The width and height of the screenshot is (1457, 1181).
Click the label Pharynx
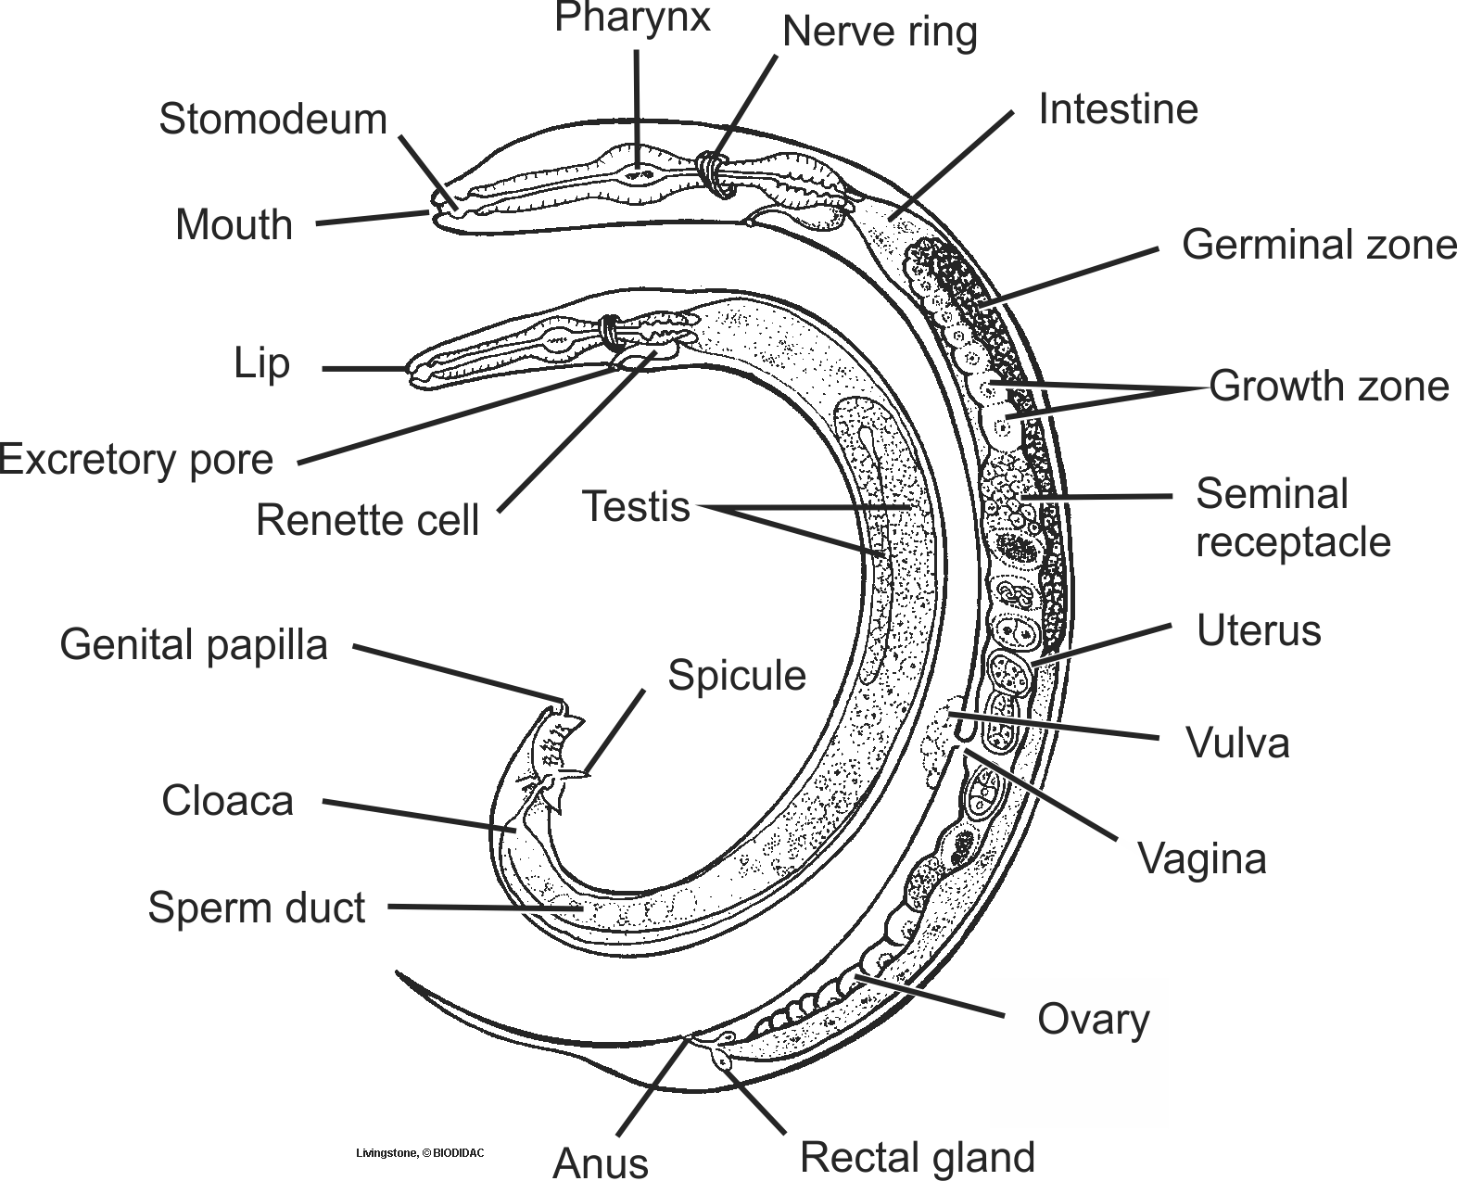632,18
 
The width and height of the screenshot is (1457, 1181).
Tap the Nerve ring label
880,32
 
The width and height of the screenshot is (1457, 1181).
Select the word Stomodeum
272,120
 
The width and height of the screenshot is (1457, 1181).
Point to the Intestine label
1118,109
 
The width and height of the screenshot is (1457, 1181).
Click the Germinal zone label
1319,245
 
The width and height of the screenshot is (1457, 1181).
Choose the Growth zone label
1328,386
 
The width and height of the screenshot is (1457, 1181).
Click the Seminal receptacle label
1292,518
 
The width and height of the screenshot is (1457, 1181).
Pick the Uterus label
1258,631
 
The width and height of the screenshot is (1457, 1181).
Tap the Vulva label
1237,743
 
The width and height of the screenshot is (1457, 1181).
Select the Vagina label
1201,858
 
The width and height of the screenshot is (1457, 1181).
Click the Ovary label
1093,1020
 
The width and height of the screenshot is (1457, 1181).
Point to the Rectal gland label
917,1158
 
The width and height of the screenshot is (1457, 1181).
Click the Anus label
601,1162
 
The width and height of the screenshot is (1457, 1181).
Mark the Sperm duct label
256,908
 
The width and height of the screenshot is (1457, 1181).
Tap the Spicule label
737,676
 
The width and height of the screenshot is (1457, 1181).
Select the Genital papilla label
194,645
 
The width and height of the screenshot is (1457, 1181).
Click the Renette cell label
367,520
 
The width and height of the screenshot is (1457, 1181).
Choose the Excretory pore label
137,460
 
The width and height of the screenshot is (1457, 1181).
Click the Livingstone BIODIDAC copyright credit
420,1154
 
